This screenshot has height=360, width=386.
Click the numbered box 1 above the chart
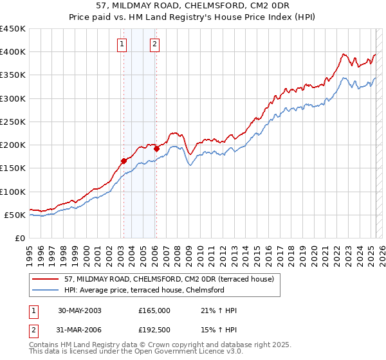pos(122,44)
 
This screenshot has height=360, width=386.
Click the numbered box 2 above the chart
pos(155,44)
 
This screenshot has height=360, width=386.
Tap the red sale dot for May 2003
pos(124,161)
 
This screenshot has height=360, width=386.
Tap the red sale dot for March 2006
pos(156,148)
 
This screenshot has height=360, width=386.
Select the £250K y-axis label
pos(13,122)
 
